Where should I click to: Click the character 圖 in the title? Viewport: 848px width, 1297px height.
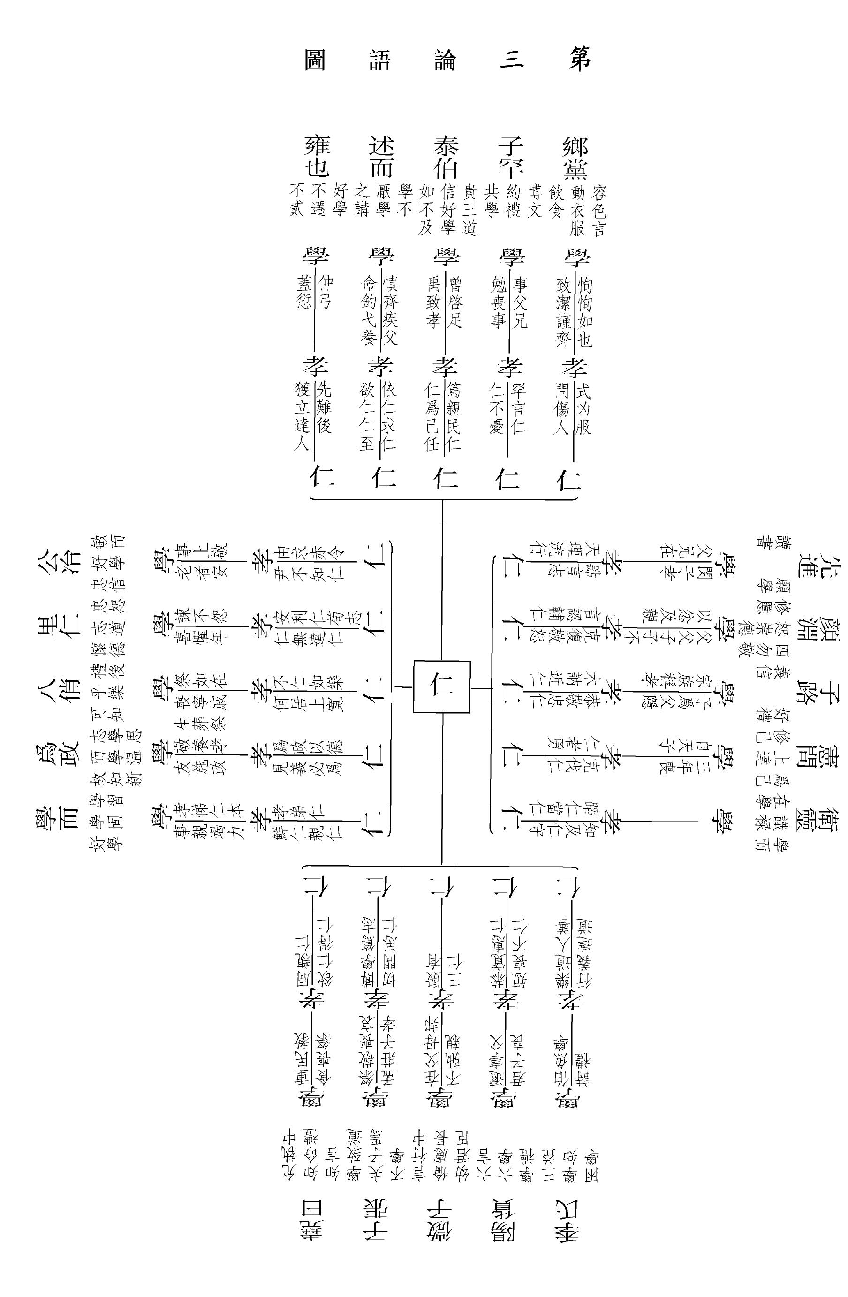315,60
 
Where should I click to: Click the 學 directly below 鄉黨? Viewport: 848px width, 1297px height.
575,257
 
